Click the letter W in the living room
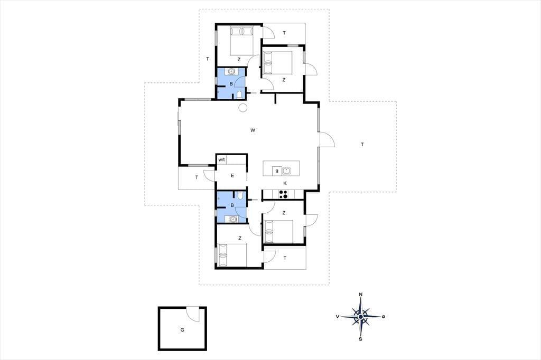(x=253, y=130)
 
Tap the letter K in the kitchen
(x=285, y=183)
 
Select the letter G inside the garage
(x=182, y=330)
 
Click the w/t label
(x=221, y=159)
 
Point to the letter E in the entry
(x=232, y=176)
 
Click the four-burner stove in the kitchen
(x=283, y=194)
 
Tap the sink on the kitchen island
(x=286, y=170)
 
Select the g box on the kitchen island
(x=277, y=170)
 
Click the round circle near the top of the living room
(x=242, y=108)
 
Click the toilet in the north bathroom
(x=239, y=94)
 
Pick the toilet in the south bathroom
(x=240, y=196)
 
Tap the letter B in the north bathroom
(x=231, y=83)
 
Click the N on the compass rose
(x=361, y=294)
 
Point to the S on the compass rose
(x=360, y=339)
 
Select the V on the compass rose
(x=337, y=316)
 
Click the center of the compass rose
(x=360, y=317)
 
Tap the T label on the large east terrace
(x=362, y=145)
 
